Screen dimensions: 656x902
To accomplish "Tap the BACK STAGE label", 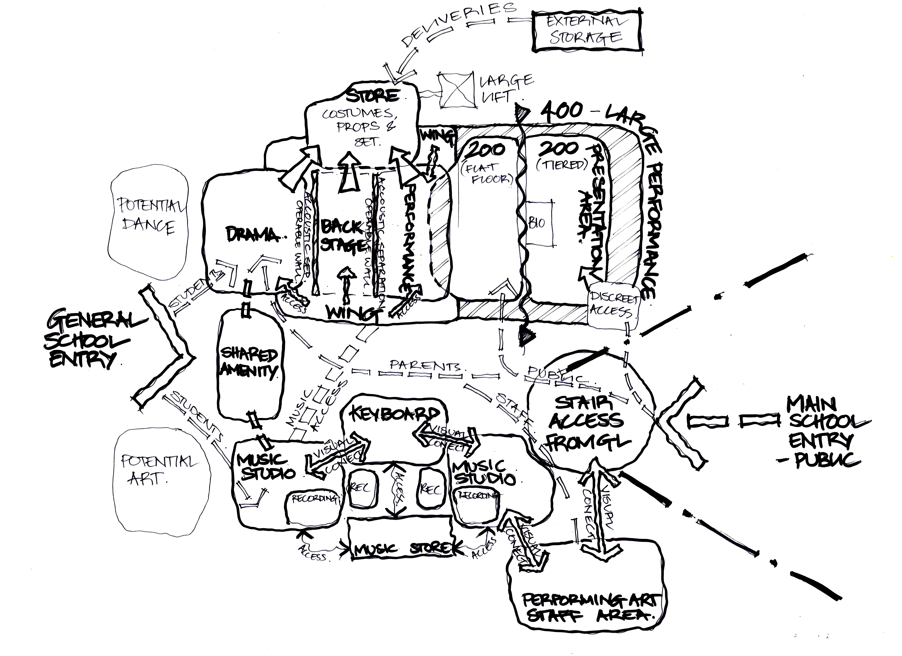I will [x=342, y=237].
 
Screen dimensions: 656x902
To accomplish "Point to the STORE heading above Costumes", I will [x=372, y=95].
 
